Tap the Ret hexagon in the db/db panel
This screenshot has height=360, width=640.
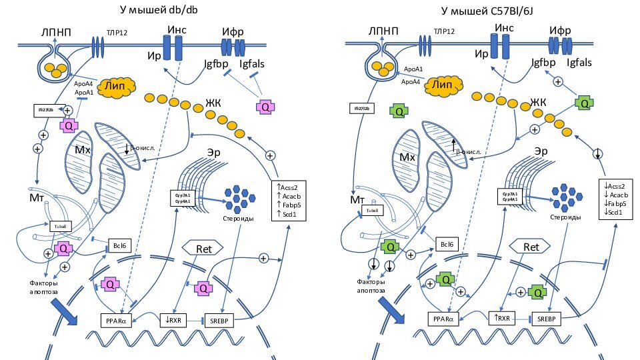[203, 248]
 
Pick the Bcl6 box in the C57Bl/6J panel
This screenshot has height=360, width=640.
[448, 244]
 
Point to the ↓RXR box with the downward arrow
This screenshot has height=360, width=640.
[175, 319]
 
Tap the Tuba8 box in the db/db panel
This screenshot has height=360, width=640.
[61, 226]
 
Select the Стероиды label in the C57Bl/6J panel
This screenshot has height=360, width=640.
[565, 217]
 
